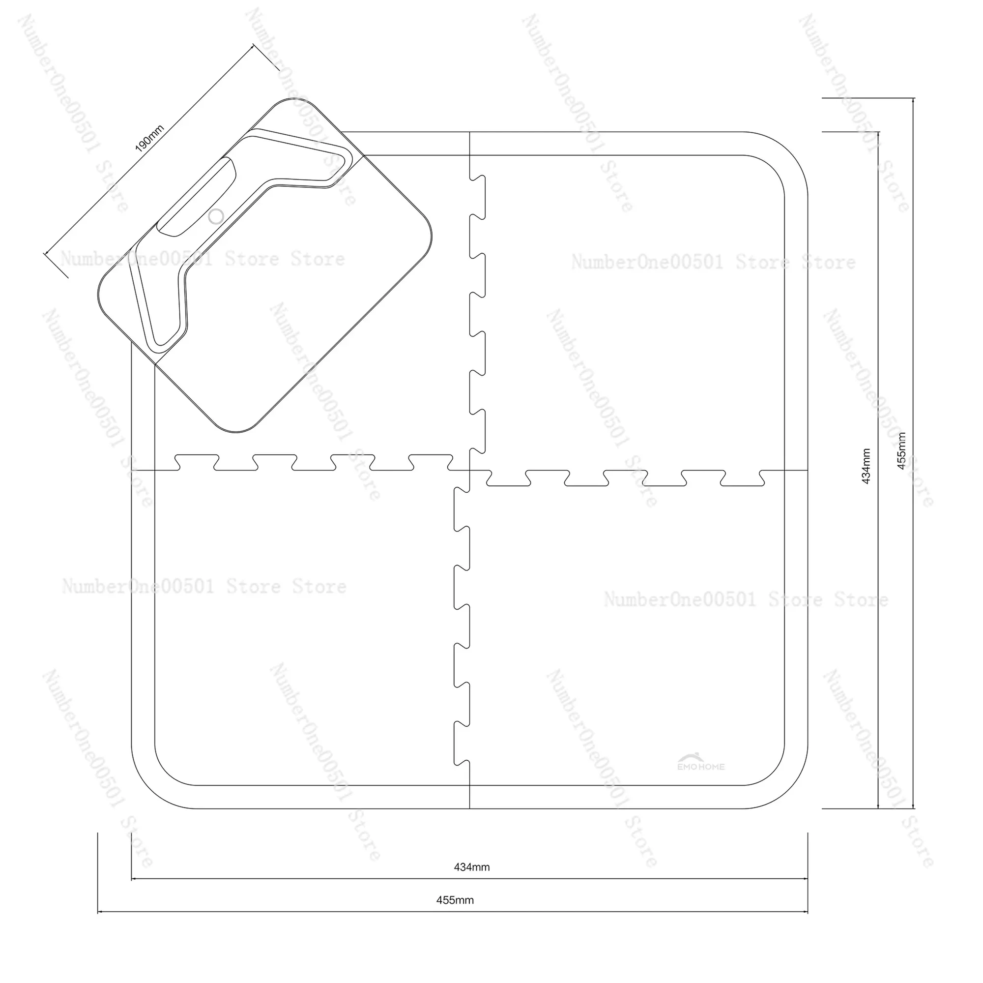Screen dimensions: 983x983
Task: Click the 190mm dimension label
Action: click(149, 139)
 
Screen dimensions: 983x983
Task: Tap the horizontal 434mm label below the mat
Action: click(472, 867)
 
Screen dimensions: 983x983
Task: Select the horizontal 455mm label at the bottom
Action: click(455, 900)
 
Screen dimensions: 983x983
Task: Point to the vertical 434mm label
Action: click(867, 466)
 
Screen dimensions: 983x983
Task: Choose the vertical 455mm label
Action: click(901, 450)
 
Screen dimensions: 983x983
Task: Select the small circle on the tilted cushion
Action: click(216, 216)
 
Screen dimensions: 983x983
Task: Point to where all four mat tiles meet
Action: click(469, 470)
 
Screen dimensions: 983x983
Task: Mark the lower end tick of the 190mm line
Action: click(56, 265)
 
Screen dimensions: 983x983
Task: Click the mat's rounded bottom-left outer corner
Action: click(150, 790)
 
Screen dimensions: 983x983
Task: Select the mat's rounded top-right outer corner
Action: click(789, 150)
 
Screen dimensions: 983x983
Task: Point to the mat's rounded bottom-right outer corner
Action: click(789, 790)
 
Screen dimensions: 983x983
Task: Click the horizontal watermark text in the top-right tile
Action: click(713, 262)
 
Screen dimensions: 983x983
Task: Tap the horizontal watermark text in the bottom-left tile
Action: click(204, 587)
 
